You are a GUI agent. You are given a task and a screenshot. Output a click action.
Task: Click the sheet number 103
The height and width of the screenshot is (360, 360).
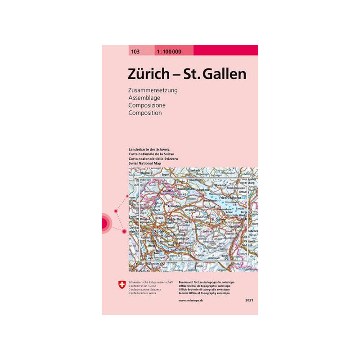pos(135,51)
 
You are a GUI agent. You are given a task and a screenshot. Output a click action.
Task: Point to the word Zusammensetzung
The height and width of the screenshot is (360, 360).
pos(153,90)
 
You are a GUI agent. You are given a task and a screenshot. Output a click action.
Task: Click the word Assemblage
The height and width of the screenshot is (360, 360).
pos(144,98)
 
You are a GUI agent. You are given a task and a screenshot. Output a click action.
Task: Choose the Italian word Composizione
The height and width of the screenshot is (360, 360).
pos(147,105)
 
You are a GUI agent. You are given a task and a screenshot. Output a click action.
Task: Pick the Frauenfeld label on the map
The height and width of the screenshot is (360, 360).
pos(173,207)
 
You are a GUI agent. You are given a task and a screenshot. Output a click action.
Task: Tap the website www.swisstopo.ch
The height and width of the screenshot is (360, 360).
pos(190,300)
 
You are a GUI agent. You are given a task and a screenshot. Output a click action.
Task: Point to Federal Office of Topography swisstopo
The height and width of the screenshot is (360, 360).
pos(204,293)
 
